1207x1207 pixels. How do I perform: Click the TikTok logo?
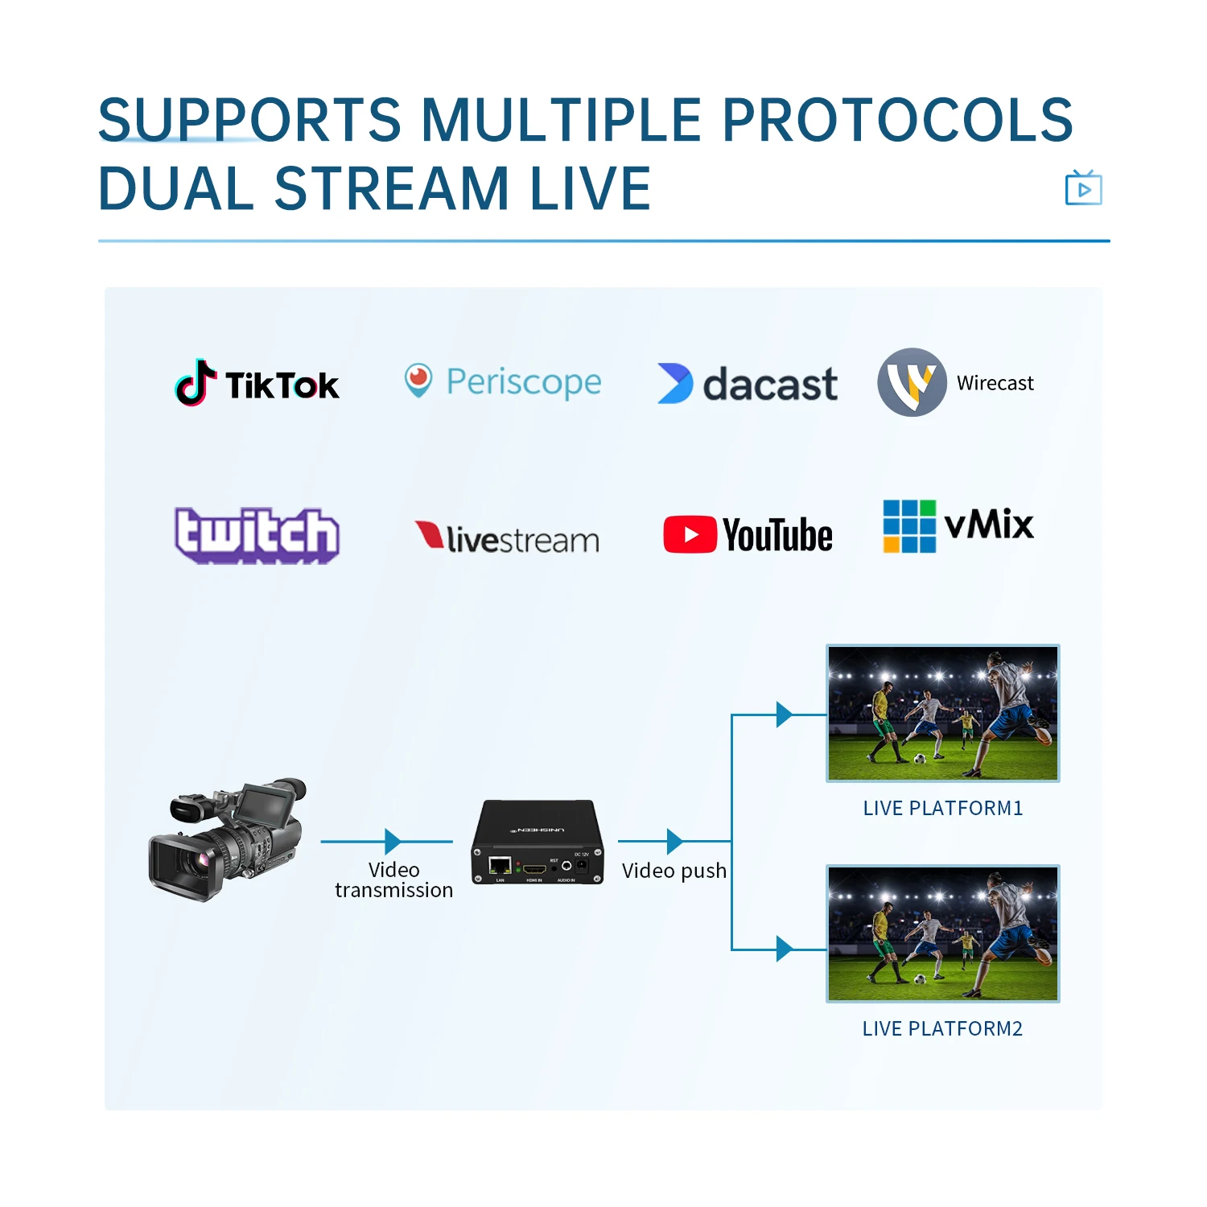257,383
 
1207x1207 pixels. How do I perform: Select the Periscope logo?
503,381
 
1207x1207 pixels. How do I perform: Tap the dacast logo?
748,384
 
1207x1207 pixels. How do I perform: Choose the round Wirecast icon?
912,382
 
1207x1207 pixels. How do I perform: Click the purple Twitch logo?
257,534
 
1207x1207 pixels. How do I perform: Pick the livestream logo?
507,538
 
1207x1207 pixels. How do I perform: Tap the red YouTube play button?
690,535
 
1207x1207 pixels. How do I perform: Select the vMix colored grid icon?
909,526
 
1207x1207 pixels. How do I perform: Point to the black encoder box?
538,842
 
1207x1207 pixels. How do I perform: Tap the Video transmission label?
393,880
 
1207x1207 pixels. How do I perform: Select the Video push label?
674,871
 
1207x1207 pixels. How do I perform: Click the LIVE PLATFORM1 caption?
942,808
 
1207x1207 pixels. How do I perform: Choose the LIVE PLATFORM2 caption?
942,1028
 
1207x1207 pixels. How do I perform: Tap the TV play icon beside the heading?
1083,188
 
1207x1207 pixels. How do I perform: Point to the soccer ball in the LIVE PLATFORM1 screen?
920,758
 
